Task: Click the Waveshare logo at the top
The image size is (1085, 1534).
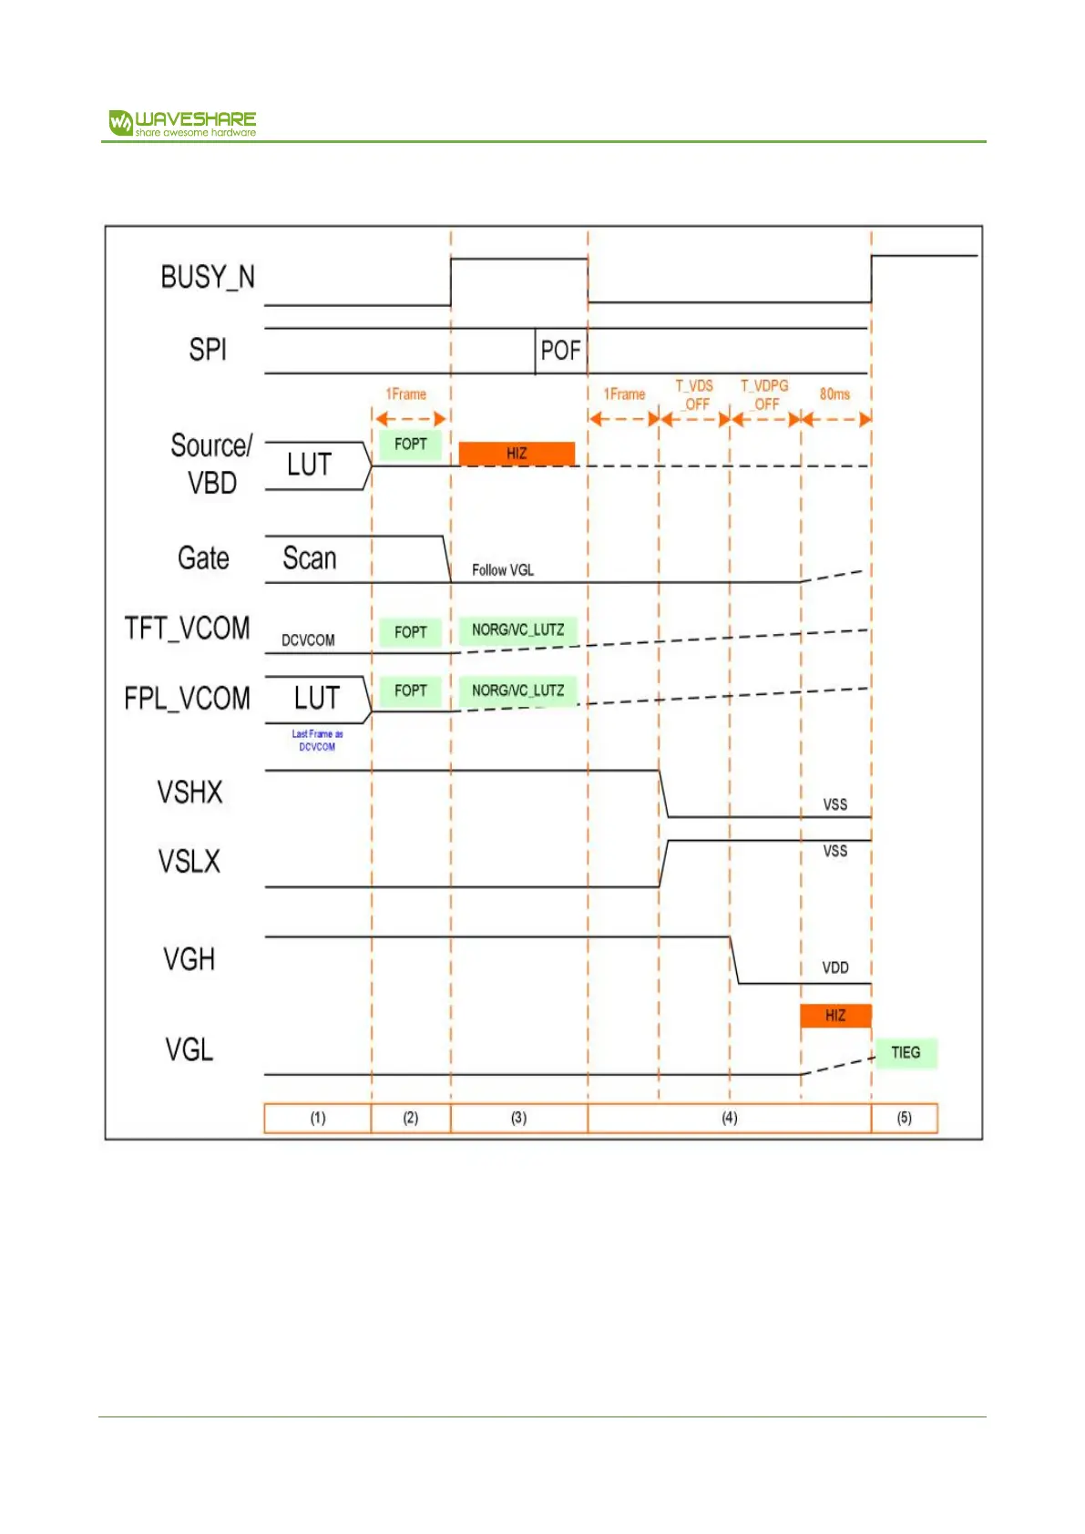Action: [182, 123]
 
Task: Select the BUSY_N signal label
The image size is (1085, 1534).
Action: [208, 277]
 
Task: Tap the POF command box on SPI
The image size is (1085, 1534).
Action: [560, 351]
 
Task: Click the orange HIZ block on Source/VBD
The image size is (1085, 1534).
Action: [517, 453]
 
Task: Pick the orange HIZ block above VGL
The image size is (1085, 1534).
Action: [835, 1015]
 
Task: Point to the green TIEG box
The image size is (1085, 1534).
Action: [906, 1052]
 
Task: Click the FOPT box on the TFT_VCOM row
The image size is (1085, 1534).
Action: [411, 632]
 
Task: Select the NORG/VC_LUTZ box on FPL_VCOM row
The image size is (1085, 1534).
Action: [517, 690]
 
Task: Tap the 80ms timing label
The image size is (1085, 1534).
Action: [834, 394]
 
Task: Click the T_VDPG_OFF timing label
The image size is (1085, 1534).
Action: [764, 394]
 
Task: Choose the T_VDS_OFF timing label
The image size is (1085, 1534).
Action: [695, 394]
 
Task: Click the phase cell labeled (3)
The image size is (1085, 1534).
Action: [518, 1118]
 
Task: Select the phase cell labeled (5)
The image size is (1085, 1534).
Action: [904, 1118]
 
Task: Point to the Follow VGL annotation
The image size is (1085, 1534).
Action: [503, 570]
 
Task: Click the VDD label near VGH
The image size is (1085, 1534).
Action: [835, 967]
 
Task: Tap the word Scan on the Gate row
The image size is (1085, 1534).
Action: [310, 558]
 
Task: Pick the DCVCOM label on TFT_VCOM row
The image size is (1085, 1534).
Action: [308, 640]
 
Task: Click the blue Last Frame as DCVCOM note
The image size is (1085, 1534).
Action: [317, 740]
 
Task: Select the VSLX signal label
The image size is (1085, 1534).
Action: [189, 862]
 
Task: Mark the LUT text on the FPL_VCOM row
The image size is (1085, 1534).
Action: [316, 699]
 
